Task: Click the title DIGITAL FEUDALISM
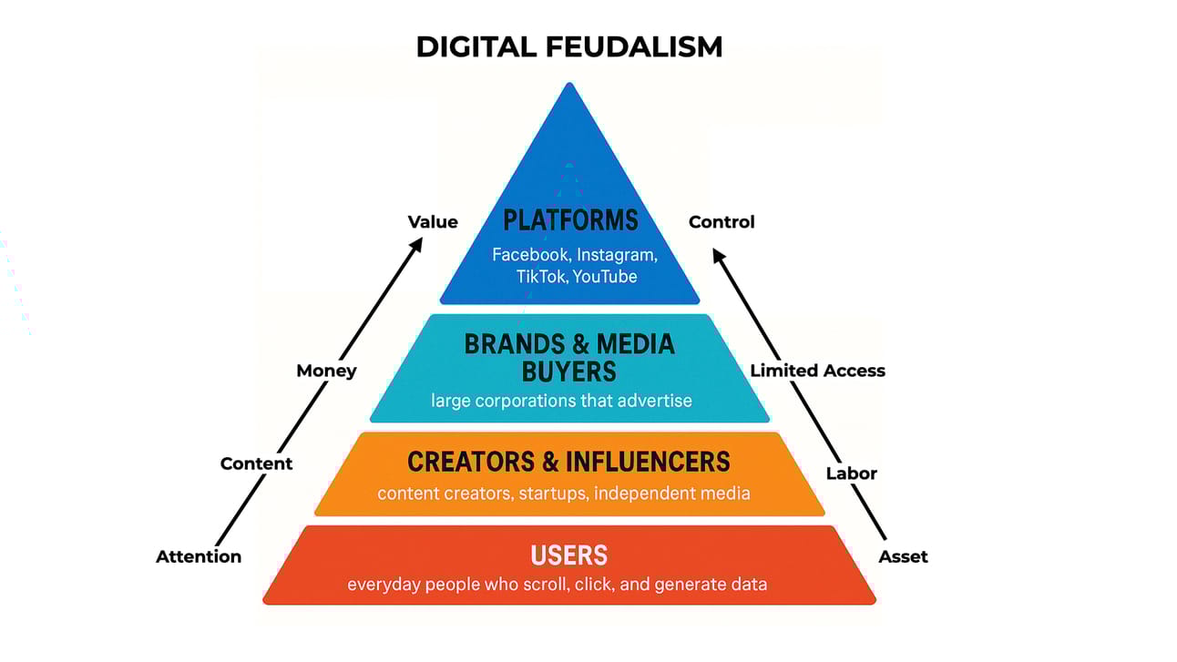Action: click(x=568, y=46)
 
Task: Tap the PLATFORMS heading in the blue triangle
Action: click(x=570, y=220)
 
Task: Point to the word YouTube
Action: click(x=605, y=276)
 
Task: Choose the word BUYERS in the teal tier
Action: click(x=569, y=371)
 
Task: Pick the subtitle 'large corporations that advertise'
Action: click(x=561, y=400)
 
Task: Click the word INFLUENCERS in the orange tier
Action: click(x=649, y=462)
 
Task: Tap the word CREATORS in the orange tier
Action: click(x=471, y=462)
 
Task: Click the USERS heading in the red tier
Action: click(x=569, y=555)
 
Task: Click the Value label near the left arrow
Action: click(x=433, y=222)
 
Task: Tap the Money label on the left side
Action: click(x=326, y=371)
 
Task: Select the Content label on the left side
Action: click(x=256, y=463)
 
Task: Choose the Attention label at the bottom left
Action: click(x=199, y=556)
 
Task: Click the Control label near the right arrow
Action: click(x=722, y=222)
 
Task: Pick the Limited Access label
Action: click(x=817, y=371)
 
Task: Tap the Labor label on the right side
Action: click(x=851, y=474)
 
